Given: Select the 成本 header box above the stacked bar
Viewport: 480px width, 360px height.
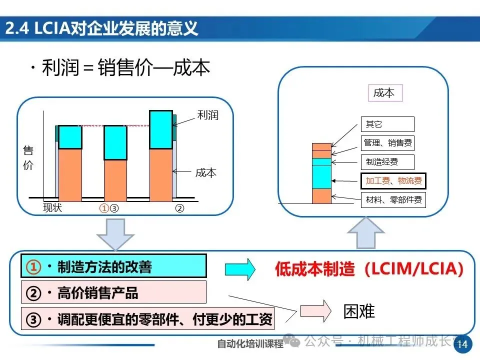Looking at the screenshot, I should point(383,93).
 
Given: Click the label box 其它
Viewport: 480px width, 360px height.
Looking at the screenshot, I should point(387,124).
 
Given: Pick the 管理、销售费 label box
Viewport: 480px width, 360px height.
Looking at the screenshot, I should point(387,143).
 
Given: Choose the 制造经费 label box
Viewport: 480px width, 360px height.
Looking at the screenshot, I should point(387,162).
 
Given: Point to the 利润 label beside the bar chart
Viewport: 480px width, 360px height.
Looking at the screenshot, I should point(208,115).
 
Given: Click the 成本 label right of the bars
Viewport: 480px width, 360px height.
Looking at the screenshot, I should point(205,173).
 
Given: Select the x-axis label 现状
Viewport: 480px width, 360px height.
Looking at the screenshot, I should point(52,208).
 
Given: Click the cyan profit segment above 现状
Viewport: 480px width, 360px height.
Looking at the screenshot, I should point(70,137).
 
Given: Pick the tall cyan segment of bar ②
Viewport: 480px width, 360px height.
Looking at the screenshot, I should point(161,129).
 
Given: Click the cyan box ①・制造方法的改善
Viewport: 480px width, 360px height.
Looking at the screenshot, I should point(113,266).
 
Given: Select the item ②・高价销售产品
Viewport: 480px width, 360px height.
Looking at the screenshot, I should point(113,292).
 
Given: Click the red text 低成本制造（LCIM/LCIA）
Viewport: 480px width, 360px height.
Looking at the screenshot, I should point(369,269).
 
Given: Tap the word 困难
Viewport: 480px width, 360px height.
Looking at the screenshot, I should point(359,311).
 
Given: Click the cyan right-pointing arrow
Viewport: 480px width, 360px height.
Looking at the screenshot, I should point(240,269).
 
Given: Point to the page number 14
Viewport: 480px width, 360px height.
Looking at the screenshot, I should point(462,344).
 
